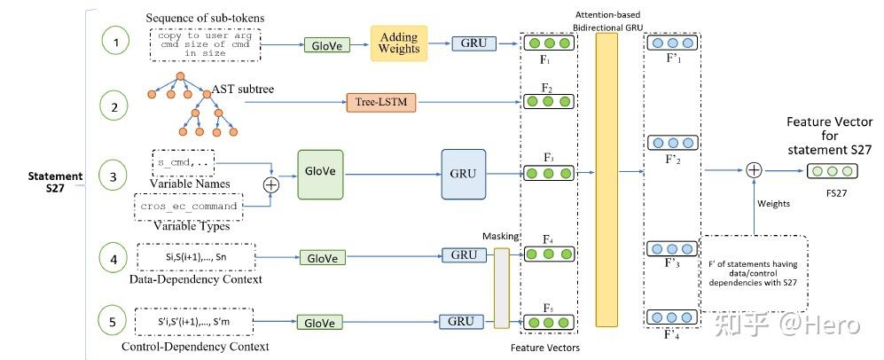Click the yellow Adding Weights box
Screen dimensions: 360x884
tap(399, 43)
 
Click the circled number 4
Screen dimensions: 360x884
tap(113, 260)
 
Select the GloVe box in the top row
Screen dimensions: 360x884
tap(325, 43)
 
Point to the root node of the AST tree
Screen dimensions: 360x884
tap(180, 76)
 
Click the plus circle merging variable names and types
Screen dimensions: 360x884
tap(271, 184)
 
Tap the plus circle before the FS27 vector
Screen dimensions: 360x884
tap(754, 170)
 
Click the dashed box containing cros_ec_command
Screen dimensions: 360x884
tap(189, 206)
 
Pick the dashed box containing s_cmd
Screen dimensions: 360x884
tap(184, 163)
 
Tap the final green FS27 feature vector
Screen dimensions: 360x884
tap(829, 171)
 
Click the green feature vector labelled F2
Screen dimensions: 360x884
tap(547, 104)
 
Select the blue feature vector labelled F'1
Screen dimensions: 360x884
tap(672, 42)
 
